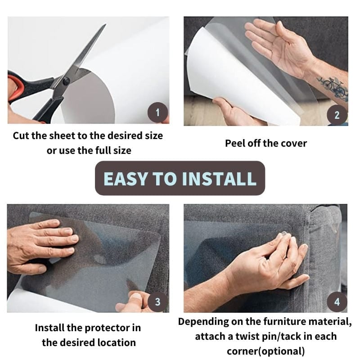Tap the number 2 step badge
337,115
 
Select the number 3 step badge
157,301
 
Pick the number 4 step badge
337,301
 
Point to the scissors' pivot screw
66,81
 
